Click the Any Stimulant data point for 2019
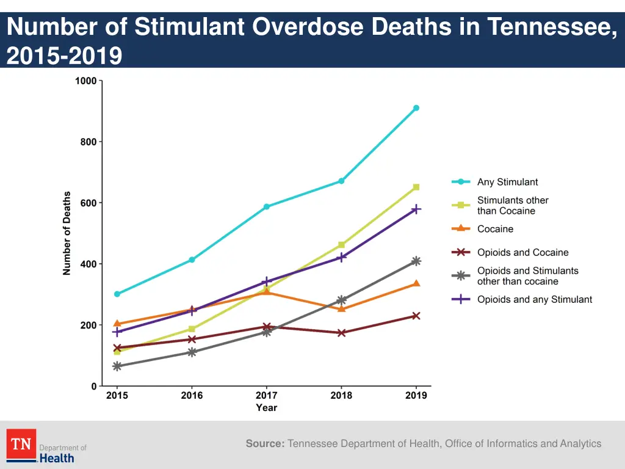[x=416, y=108]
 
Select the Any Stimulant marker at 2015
[x=117, y=294]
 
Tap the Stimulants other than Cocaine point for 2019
[x=416, y=187]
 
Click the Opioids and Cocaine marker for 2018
[x=341, y=333]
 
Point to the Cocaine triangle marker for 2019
[x=416, y=283]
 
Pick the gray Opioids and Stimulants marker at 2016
[x=192, y=352]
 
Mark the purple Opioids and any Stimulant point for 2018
[x=341, y=257]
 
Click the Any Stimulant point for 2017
[x=267, y=206]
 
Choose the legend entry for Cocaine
[x=495, y=229]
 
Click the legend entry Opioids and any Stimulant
[x=534, y=299]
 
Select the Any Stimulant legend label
[x=507, y=182]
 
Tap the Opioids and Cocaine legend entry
[x=522, y=252]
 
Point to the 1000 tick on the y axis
[x=86, y=81]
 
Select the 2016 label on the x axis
[x=192, y=395]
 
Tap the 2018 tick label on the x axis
[x=341, y=395]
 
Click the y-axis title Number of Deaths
[x=67, y=233]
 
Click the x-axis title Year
[x=267, y=407]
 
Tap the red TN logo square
[x=21, y=444]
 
